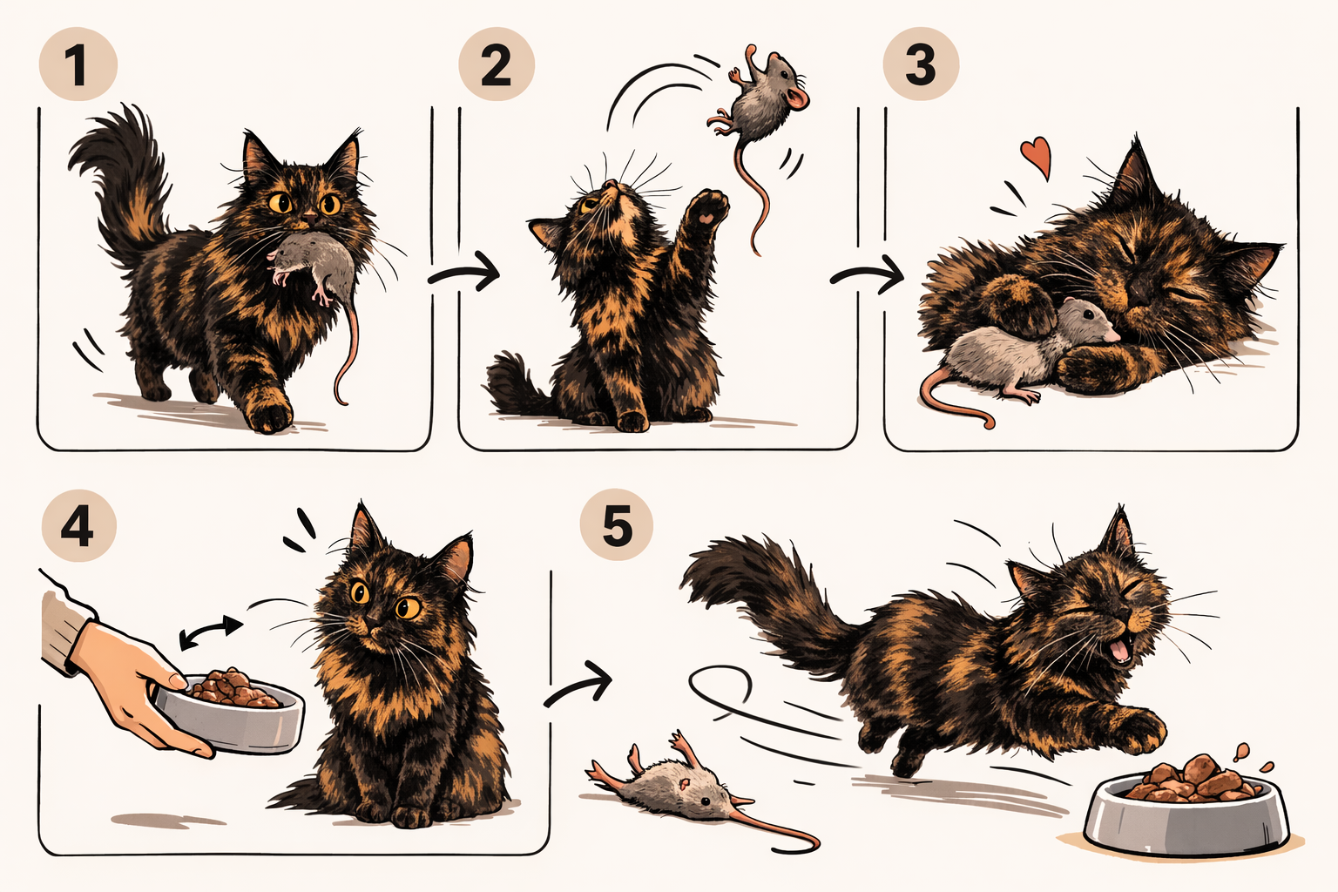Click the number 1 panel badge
coord(78,64)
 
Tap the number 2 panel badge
coord(497,64)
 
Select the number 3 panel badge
coord(921,64)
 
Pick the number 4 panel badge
coord(78,526)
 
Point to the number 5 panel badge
coord(617,525)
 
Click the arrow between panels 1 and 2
coord(464,274)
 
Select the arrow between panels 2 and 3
coord(868,274)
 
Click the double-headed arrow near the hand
coord(211,632)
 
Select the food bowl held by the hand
coord(230,711)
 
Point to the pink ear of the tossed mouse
coord(797,98)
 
